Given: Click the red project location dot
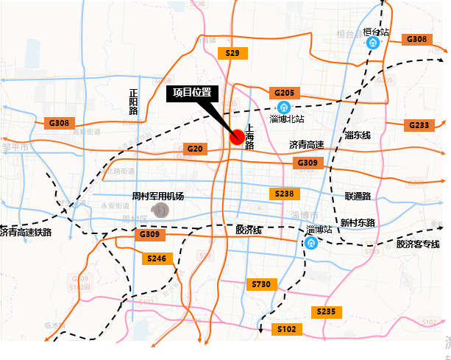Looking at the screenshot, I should pyautogui.click(x=237, y=136).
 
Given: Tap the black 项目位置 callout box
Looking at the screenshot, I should pyautogui.click(x=192, y=93).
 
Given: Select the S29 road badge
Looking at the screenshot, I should pyautogui.click(x=233, y=53).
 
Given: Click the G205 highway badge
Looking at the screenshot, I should pyautogui.click(x=284, y=93).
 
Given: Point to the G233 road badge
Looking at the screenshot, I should pyautogui.click(x=419, y=125).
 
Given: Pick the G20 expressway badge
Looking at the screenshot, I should pyautogui.click(x=194, y=149).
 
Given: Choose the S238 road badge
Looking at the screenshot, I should pyautogui.click(x=285, y=194).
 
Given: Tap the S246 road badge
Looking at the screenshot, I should pyautogui.click(x=156, y=258).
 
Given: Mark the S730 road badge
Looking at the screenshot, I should pyautogui.click(x=261, y=284).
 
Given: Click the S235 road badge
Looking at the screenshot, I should pyautogui.click(x=326, y=312).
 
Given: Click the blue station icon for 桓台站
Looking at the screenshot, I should pyautogui.click(x=373, y=43).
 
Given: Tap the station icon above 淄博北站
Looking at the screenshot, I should pyautogui.click(x=284, y=107).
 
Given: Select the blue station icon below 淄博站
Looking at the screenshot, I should pyautogui.click(x=311, y=243).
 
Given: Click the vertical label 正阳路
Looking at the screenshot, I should pyautogui.click(x=133, y=102).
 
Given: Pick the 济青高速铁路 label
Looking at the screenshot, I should pyautogui.click(x=26, y=232).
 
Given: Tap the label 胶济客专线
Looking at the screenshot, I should pyautogui.click(x=417, y=244).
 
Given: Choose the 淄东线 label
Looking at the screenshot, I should pyautogui.click(x=358, y=135).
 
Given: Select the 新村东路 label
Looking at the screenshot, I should pyautogui.click(x=358, y=222).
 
